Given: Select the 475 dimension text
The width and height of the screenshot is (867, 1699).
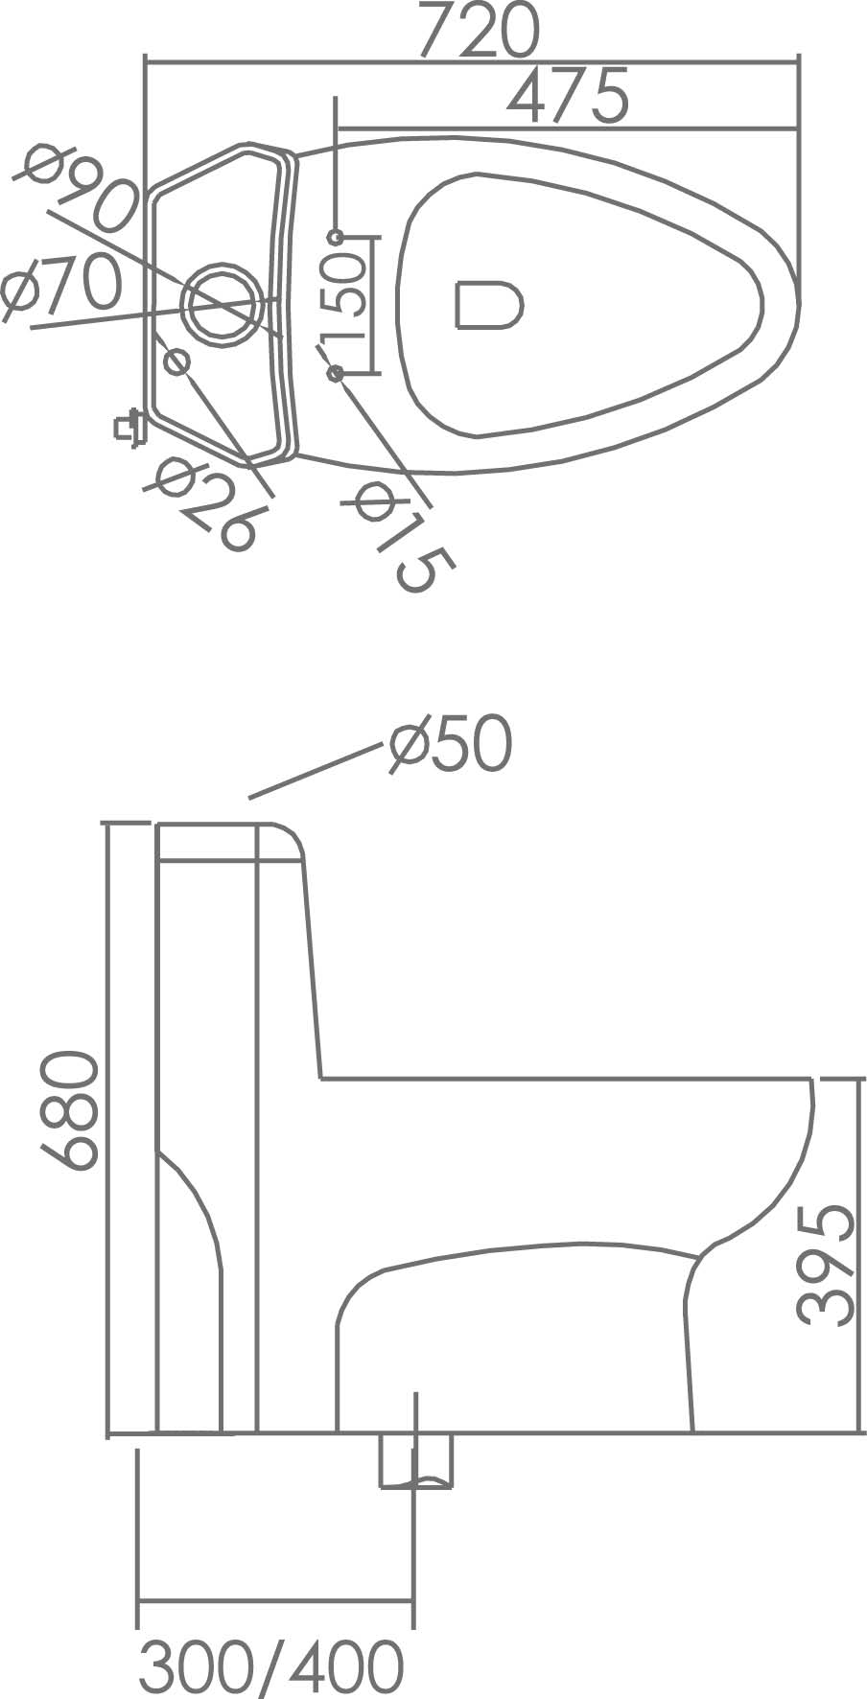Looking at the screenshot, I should (x=568, y=96).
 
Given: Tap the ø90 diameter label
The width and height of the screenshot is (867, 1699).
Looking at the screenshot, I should (x=79, y=190).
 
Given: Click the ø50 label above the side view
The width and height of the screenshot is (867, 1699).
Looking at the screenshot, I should (x=451, y=745).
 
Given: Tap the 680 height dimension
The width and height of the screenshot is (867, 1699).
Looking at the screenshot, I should (x=69, y=1109).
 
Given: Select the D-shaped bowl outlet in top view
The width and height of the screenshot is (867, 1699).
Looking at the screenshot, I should (x=488, y=305).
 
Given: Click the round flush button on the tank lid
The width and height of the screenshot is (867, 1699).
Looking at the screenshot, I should (x=224, y=301).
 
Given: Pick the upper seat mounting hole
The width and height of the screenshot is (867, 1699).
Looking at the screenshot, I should (x=335, y=236).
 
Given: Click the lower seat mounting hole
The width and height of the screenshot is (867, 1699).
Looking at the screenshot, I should (x=336, y=372).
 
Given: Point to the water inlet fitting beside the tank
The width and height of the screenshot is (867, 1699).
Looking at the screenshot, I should (x=127, y=425).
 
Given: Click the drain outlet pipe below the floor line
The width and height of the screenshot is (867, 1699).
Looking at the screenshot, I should (x=415, y=1460).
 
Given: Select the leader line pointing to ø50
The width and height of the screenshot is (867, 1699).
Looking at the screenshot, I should (x=312, y=771).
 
